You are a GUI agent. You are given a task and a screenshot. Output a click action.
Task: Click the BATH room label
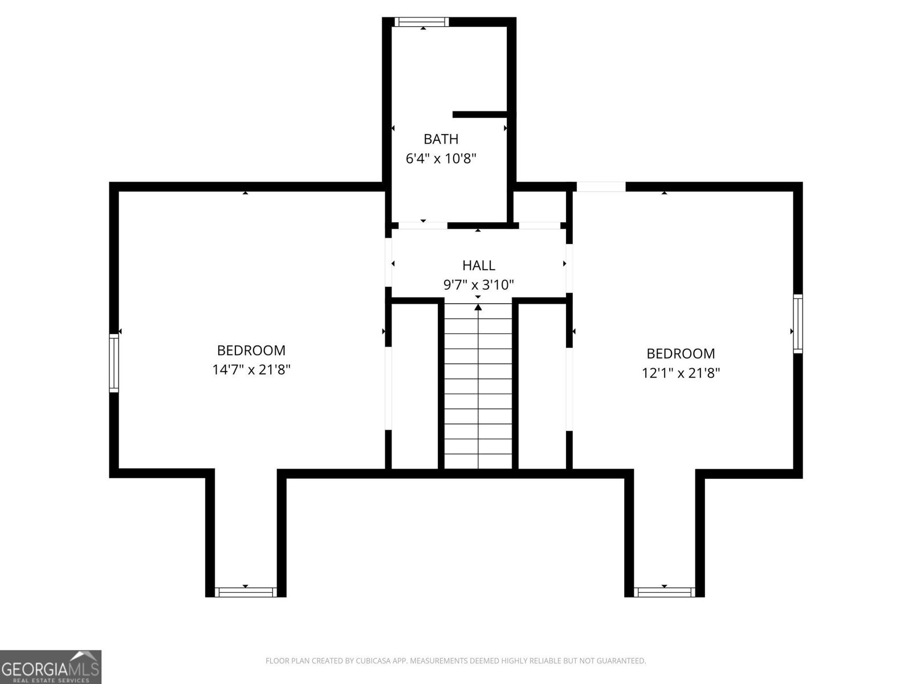coord(441,139)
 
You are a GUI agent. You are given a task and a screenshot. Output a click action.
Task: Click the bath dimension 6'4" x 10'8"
coord(441,158)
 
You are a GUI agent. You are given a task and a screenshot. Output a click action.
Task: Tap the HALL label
coord(478,265)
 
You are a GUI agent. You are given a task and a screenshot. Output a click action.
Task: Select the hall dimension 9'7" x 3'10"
coord(478,284)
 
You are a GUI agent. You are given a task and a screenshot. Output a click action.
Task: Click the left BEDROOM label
coord(251,350)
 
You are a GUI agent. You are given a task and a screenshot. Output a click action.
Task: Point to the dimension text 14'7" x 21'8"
coord(251,369)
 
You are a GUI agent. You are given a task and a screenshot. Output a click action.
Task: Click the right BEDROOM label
coord(680,353)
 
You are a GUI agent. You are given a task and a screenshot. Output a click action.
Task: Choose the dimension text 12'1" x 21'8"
coord(680,373)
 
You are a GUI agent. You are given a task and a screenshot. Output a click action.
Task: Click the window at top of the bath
coord(422,22)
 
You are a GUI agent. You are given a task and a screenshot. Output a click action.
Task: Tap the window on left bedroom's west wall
coord(114,363)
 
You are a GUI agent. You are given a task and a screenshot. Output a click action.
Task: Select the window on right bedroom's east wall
coord(798,324)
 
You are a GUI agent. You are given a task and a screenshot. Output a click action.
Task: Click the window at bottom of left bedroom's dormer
coord(246,592)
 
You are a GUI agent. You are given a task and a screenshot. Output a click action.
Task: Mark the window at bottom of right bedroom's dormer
coord(665,592)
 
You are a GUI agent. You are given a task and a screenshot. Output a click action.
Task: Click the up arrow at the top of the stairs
coord(478,308)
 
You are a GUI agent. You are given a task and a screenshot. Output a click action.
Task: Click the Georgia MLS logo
coord(50,667)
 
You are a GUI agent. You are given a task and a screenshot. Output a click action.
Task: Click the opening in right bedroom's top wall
coord(601,186)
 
